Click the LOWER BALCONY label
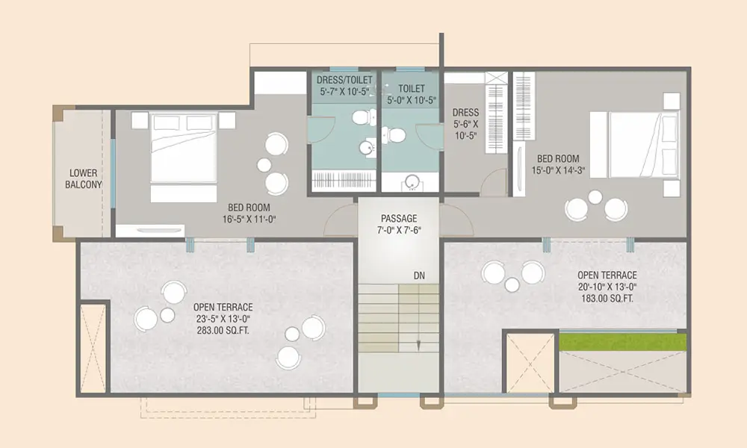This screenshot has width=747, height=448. (x=84, y=178)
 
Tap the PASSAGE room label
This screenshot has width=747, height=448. (x=399, y=219)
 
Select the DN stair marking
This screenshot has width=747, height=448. (x=419, y=276)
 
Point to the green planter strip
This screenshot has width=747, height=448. (x=623, y=342)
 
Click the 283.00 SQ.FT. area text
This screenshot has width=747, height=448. (x=223, y=330)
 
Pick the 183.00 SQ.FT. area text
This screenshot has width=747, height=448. (x=607, y=299)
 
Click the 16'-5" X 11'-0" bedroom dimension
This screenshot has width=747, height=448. (x=249, y=219)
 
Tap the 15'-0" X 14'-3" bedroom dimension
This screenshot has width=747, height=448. (x=558, y=170)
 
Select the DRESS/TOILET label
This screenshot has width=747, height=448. (x=344, y=79)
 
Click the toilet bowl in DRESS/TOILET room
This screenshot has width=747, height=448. (x=363, y=116)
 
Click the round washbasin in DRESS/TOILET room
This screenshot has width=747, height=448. (x=366, y=148)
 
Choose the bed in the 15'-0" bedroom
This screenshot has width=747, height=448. (x=634, y=145)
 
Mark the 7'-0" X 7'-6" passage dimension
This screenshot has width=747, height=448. (x=399, y=230)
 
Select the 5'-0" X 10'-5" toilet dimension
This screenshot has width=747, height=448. (x=412, y=100)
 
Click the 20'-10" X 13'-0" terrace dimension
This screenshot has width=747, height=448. (x=607, y=287)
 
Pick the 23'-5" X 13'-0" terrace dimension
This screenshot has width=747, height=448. (x=223, y=319)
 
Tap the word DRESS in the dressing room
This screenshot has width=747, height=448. (x=465, y=112)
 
